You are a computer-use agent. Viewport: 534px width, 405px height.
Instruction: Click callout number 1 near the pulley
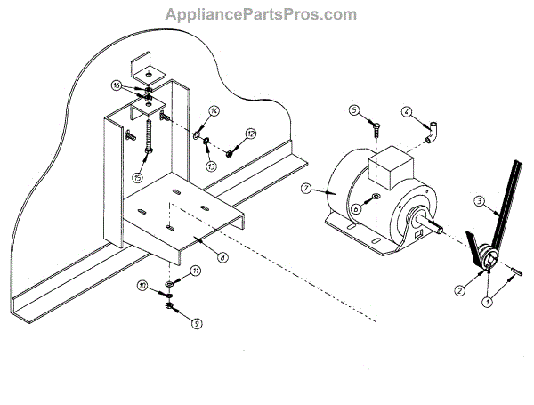[487, 302]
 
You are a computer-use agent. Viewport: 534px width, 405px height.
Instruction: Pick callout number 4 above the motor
[406, 113]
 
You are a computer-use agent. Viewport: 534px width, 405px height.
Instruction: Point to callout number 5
[353, 110]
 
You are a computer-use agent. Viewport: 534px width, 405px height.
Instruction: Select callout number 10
[142, 286]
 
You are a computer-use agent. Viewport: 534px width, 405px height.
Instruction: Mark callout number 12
[251, 134]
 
